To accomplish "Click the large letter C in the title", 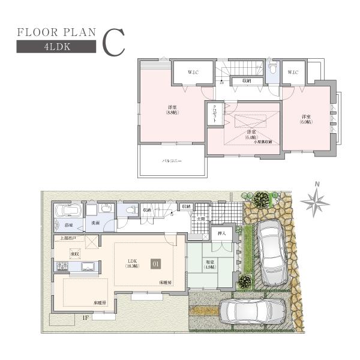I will tap(113, 41).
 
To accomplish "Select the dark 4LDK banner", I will tap(55, 49).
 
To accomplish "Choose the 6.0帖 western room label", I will tap(306, 119).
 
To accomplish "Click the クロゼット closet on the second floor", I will tap(214, 114).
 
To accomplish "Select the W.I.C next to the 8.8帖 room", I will tap(192, 73).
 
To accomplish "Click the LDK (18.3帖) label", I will tap(133, 263).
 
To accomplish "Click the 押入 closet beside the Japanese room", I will tap(221, 233).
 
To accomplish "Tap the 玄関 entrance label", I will tap(200, 219).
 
